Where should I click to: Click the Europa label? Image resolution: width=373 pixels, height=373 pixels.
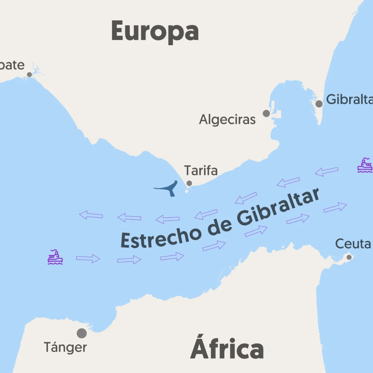[x=155, y=31]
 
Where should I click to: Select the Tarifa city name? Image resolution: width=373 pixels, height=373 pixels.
[x=201, y=171]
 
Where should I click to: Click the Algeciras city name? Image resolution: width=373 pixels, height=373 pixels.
[x=227, y=119]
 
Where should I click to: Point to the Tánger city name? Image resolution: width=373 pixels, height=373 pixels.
[x=65, y=347]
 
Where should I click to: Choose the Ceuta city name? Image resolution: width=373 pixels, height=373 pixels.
[x=353, y=244]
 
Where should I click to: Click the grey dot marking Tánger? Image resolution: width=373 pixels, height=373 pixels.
[x=82, y=333]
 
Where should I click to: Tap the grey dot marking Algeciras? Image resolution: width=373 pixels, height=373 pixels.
[x=266, y=113]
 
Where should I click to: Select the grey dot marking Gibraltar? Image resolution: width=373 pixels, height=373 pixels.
[x=319, y=104]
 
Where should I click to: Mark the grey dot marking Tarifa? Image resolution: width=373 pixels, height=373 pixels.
[x=189, y=183]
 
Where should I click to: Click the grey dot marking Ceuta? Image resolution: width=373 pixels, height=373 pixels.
[x=349, y=257]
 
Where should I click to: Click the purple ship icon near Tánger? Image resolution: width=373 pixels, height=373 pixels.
[x=55, y=257]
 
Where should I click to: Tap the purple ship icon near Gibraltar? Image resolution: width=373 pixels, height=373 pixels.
[x=365, y=165]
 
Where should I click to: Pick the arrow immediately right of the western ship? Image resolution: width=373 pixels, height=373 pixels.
[x=88, y=258]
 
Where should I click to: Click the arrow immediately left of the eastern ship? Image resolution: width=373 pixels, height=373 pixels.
[x=327, y=171]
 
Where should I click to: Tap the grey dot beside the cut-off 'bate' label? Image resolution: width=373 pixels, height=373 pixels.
[x=29, y=75]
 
